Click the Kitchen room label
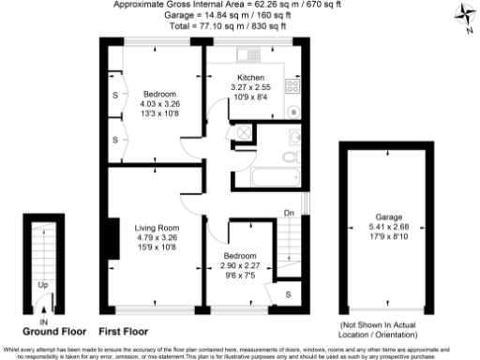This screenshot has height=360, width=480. pos(250,78)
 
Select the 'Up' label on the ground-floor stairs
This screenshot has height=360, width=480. pos(43,284)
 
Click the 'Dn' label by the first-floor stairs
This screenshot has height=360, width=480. pos(289,214)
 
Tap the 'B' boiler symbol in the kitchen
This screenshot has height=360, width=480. pos(294,112)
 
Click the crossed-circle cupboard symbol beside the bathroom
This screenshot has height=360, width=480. pos(243,133)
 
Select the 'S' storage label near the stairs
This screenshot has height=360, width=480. pos(287,294)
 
